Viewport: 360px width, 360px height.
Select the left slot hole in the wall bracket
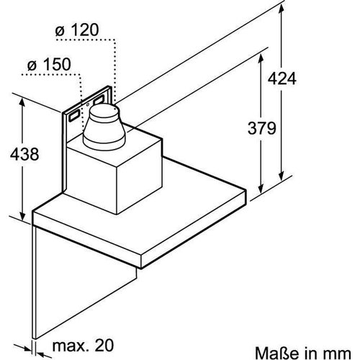pyautogui.click(x=74, y=114)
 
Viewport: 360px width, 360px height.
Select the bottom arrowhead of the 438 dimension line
pyautogui.click(x=24, y=217)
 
